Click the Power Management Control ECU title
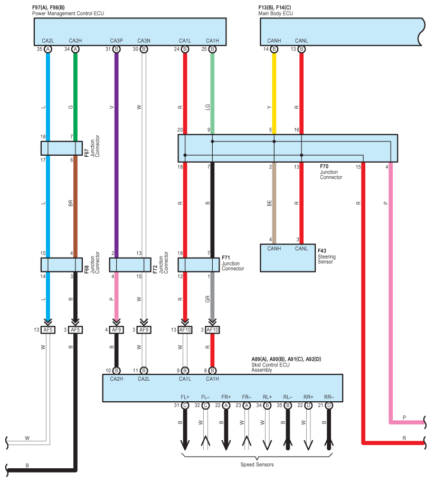(x=68, y=14)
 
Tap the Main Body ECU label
(x=276, y=14)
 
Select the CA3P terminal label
(x=116, y=41)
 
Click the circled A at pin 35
(x=48, y=49)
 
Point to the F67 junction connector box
(x=61, y=148)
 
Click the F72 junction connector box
(x=130, y=264)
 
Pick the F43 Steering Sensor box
(x=288, y=258)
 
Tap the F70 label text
(x=324, y=166)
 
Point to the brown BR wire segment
(x=75, y=206)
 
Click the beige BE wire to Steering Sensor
(x=274, y=203)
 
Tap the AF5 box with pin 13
(x=48, y=330)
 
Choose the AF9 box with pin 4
(x=116, y=330)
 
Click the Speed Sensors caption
(x=257, y=465)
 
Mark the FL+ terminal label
(x=185, y=397)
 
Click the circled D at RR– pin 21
(x=329, y=405)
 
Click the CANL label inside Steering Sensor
(x=301, y=248)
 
